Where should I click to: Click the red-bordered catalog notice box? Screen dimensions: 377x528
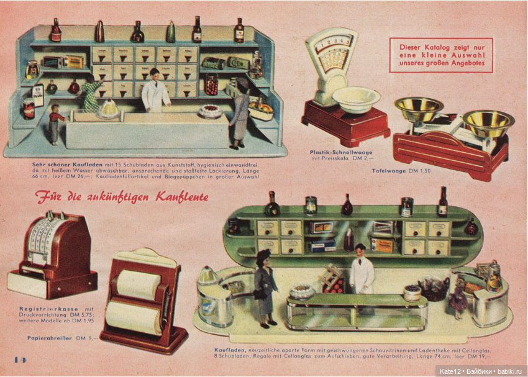440,55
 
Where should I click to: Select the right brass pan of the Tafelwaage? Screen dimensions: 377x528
488,122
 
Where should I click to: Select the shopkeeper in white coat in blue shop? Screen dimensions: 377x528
155,91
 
